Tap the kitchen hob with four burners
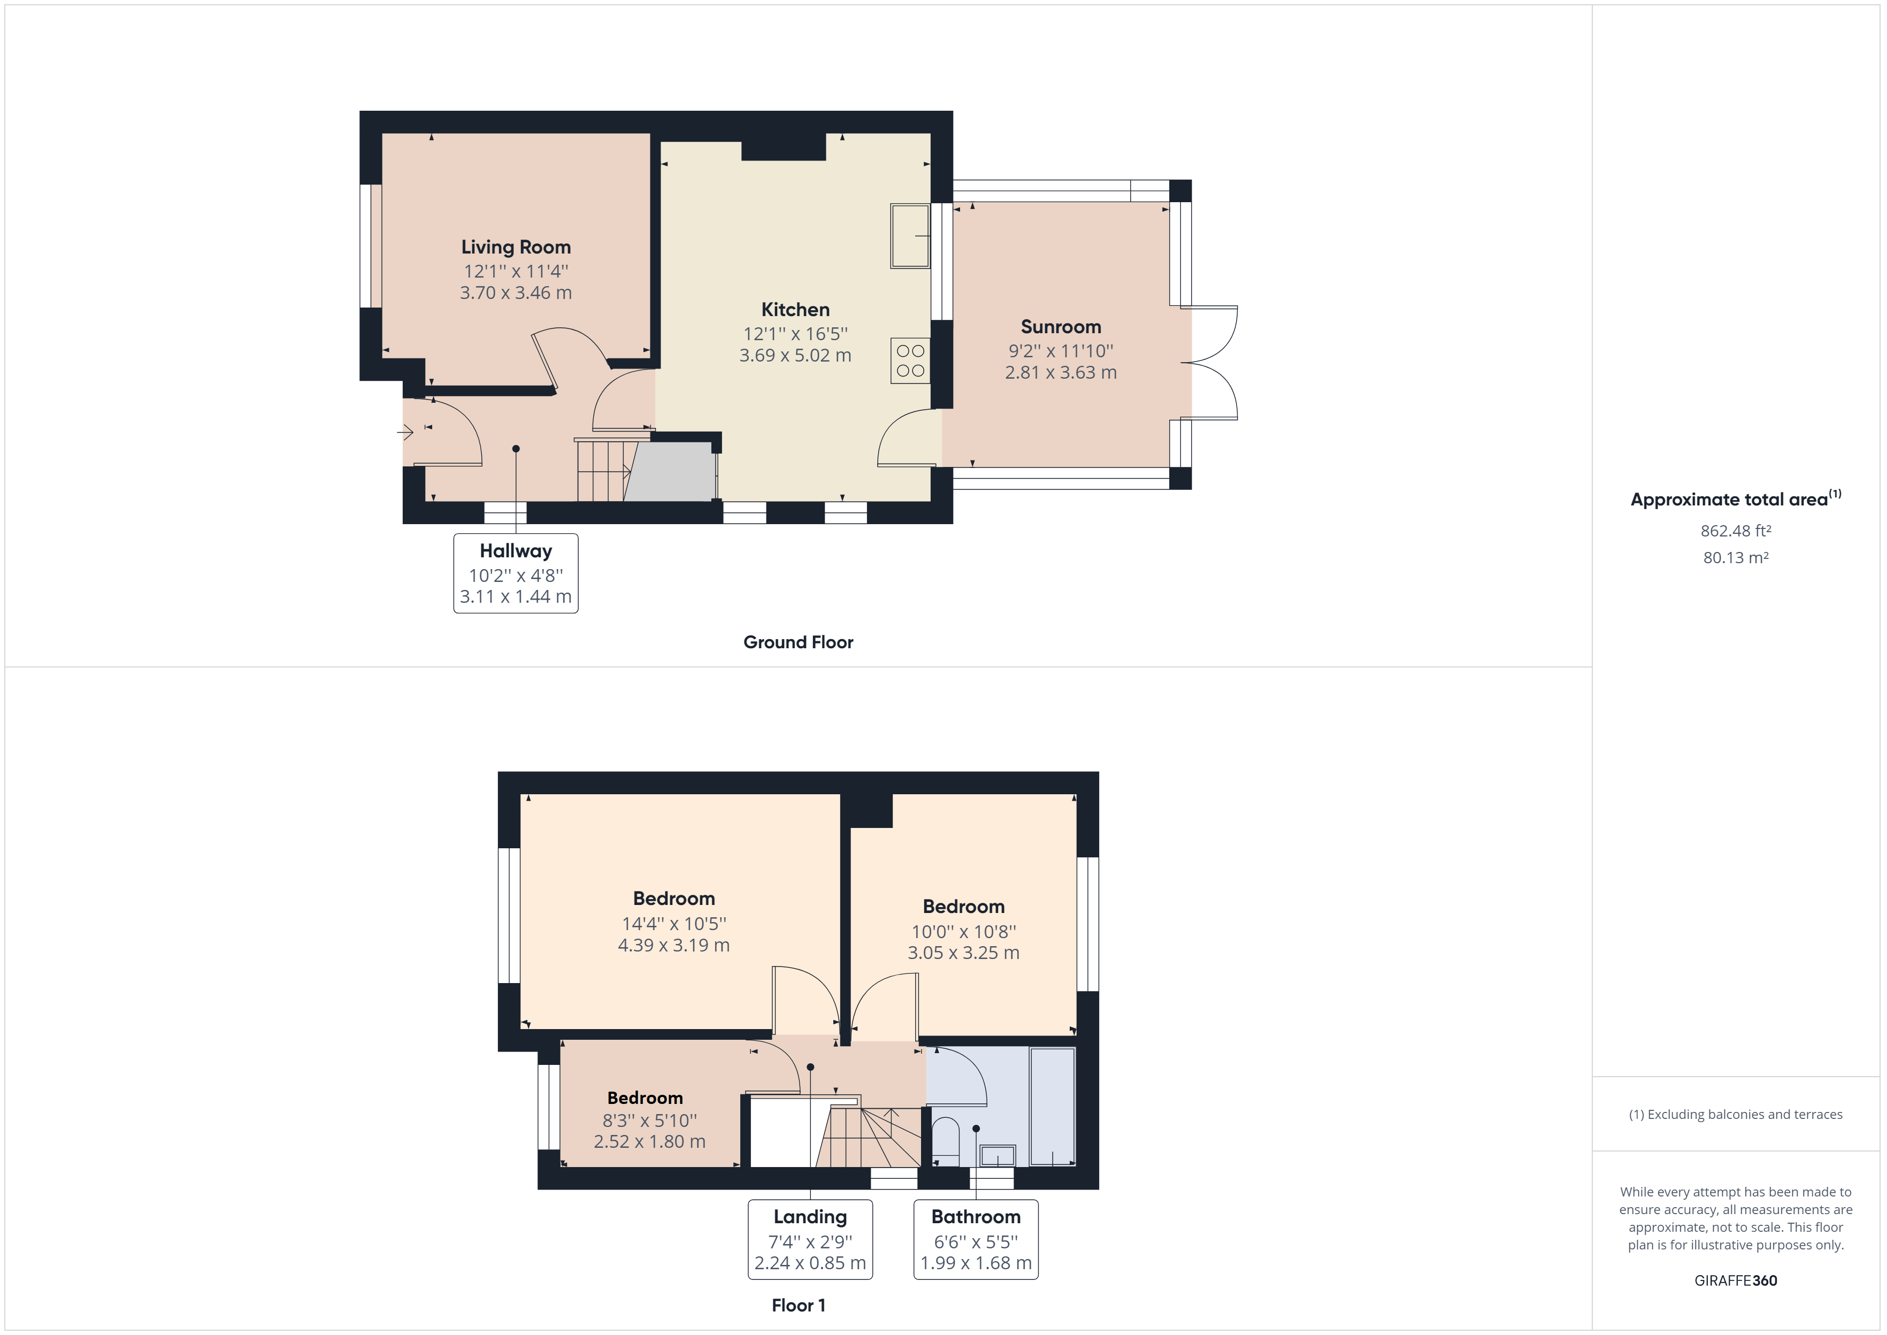pos(910,361)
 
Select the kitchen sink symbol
pos(910,236)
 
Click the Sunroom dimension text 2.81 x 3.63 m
pos(1060,372)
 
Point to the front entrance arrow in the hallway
pos(405,432)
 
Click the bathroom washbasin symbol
pos(998,1156)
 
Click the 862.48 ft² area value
pos(1735,531)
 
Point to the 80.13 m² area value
pos(1735,557)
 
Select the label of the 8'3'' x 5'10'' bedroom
pos(645,1098)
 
